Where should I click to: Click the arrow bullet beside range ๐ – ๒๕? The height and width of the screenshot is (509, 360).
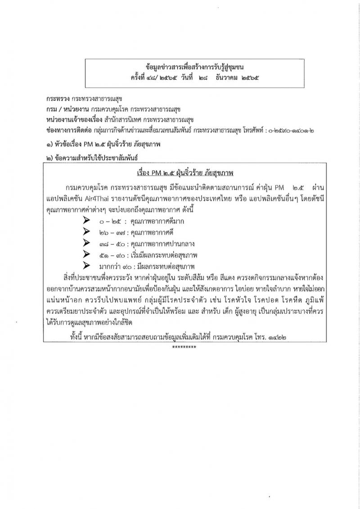(86, 221)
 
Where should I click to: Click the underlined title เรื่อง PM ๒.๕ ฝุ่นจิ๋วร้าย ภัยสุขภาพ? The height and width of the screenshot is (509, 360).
(186, 173)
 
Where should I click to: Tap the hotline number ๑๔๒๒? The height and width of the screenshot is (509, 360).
(278, 337)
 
